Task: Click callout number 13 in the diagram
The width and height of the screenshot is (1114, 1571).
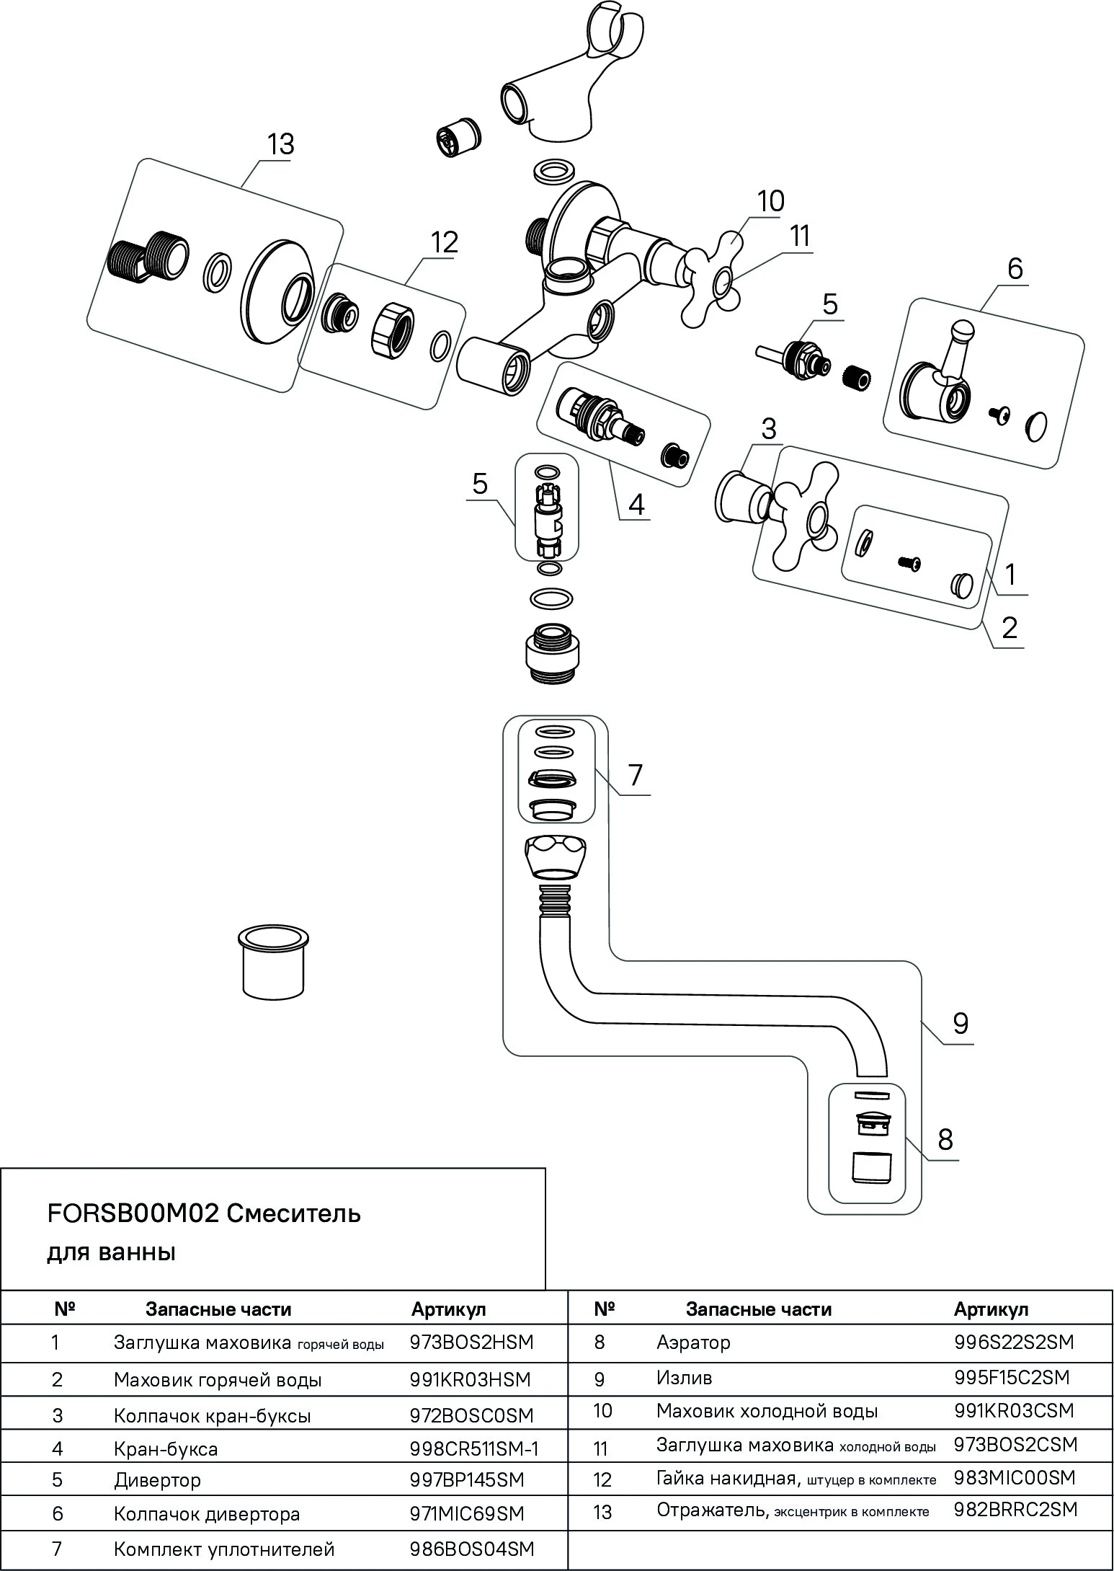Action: click(280, 144)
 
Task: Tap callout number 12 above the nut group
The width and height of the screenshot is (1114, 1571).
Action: click(444, 242)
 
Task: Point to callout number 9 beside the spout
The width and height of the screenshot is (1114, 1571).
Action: click(960, 1024)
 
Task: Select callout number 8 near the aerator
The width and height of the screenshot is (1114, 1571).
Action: click(945, 1140)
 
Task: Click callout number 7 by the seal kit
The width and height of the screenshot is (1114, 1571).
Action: click(635, 776)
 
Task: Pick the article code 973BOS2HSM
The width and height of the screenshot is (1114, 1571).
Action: click(471, 1342)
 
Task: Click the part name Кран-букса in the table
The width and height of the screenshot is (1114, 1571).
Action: click(166, 1448)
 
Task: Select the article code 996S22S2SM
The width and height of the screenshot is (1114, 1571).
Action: click(1013, 1342)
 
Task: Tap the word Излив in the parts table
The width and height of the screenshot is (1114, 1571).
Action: click(684, 1378)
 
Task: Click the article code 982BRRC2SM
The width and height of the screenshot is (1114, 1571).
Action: click(1015, 1509)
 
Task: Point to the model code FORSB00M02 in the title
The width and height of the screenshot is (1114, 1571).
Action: click(133, 1214)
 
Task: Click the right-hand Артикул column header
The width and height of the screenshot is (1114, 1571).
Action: click(991, 1309)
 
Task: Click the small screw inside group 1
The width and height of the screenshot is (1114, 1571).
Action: click(910, 562)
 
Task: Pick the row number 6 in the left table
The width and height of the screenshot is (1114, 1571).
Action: click(58, 1514)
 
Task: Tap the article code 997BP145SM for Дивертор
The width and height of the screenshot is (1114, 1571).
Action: click(466, 1480)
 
